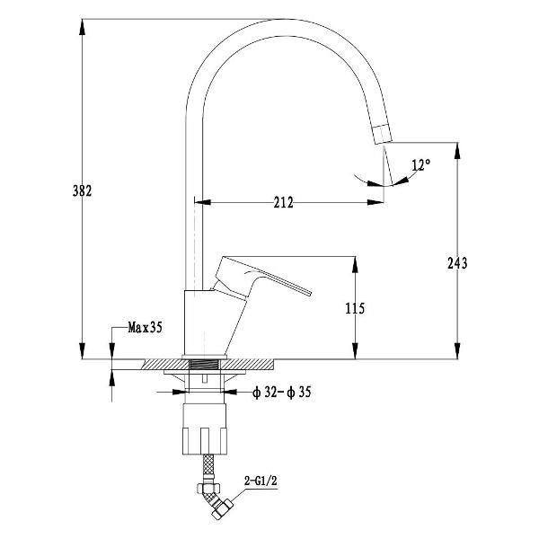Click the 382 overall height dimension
82,190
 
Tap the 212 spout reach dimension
284,202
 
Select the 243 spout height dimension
457,263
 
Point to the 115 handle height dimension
355,308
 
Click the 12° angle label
421,165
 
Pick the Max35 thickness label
145,327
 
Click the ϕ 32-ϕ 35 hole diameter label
281,393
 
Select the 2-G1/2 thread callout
261,481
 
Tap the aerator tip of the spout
383,134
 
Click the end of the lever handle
309,293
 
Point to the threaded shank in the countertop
205,365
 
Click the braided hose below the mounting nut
208,464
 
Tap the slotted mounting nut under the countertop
205,429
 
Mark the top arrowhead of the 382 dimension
82,27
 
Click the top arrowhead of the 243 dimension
457,150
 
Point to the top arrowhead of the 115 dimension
355,265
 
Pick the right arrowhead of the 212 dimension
376,202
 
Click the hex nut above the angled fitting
208,488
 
